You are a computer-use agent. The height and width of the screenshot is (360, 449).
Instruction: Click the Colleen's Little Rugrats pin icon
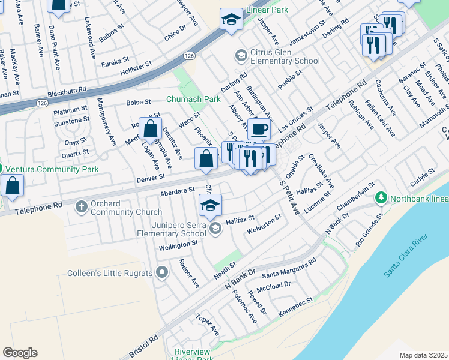point(161,274)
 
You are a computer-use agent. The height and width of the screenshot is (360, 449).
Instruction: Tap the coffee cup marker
point(259,129)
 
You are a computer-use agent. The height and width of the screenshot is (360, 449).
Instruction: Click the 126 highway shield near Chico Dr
point(190,55)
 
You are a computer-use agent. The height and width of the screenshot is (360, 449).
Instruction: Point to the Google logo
point(20,352)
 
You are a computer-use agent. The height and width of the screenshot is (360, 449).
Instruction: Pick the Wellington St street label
point(178,244)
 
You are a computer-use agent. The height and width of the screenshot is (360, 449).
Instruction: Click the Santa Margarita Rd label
point(289,269)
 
